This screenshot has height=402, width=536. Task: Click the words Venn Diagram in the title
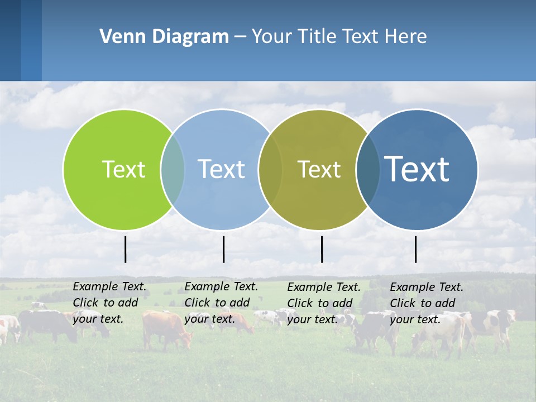(x=164, y=37)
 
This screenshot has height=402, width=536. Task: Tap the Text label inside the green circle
(x=123, y=169)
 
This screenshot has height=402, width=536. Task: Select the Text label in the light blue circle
(x=221, y=169)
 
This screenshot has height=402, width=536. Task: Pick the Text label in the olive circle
(x=319, y=169)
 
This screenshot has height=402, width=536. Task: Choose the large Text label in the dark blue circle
(x=417, y=169)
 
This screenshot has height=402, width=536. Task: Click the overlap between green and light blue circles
(x=173, y=170)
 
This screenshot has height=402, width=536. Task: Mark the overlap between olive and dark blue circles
(x=368, y=170)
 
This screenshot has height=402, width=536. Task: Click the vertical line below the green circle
(x=125, y=249)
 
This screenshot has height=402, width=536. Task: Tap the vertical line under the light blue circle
(x=223, y=249)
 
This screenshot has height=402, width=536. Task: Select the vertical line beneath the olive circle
(x=322, y=249)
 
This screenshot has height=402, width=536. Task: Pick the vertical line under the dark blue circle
(x=415, y=249)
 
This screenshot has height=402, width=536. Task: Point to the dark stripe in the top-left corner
(x=11, y=40)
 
